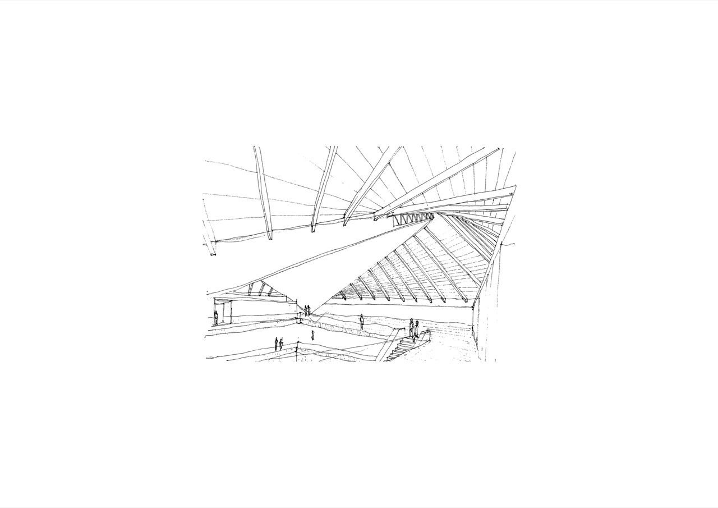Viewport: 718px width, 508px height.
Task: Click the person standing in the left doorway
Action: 215,318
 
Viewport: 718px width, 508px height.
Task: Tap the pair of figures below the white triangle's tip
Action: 307,310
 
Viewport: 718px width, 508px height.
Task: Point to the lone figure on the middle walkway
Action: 362,322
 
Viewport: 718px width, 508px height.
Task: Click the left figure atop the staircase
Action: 411,328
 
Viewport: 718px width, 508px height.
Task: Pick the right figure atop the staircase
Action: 416,331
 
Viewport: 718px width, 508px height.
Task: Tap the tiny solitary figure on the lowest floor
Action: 312,336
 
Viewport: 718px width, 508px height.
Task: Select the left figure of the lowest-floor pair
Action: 276,344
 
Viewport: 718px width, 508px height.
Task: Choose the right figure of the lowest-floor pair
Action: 281,343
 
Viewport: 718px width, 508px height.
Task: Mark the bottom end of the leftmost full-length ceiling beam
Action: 269,236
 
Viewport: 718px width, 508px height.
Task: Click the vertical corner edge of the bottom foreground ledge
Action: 297,355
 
